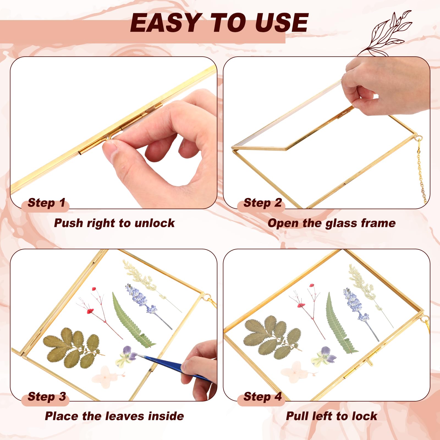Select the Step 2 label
tap(263, 203)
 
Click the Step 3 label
tap(47, 397)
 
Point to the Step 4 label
tap(263, 397)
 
